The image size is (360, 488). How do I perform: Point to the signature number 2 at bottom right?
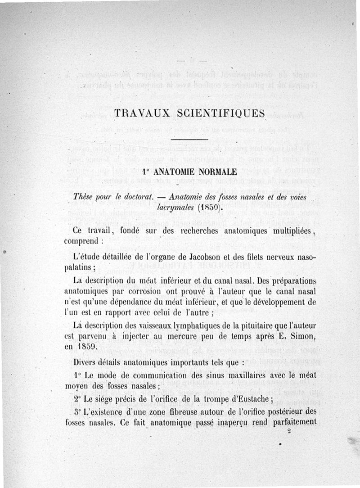[x=289, y=431]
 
